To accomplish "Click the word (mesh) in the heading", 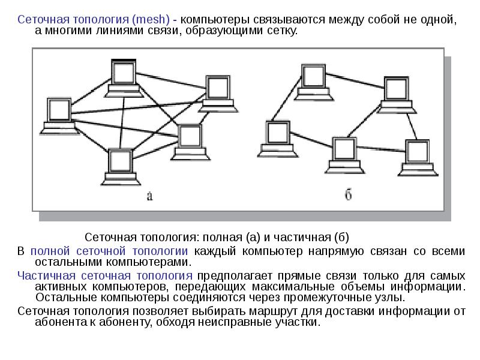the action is click(x=151, y=20).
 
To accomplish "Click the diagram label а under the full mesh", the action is click(x=149, y=196).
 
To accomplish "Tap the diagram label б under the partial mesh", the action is click(x=348, y=194).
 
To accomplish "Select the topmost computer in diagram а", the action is click(x=124, y=78).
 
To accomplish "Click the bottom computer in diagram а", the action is click(x=121, y=167).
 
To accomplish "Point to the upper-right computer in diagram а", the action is click(x=218, y=94).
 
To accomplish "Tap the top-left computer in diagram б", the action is click(x=313, y=82).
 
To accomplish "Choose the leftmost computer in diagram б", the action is click(x=278, y=139).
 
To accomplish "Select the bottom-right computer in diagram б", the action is click(x=418, y=158).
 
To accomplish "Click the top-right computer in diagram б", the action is click(x=397, y=95).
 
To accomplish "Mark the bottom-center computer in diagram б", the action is click(x=344, y=155).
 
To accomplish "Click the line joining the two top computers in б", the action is click(x=355, y=80).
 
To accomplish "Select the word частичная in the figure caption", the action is click(x=302, y=237).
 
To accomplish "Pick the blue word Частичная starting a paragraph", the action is click(x=47, y=275).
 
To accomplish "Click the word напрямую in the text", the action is click(x=336, y=251).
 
